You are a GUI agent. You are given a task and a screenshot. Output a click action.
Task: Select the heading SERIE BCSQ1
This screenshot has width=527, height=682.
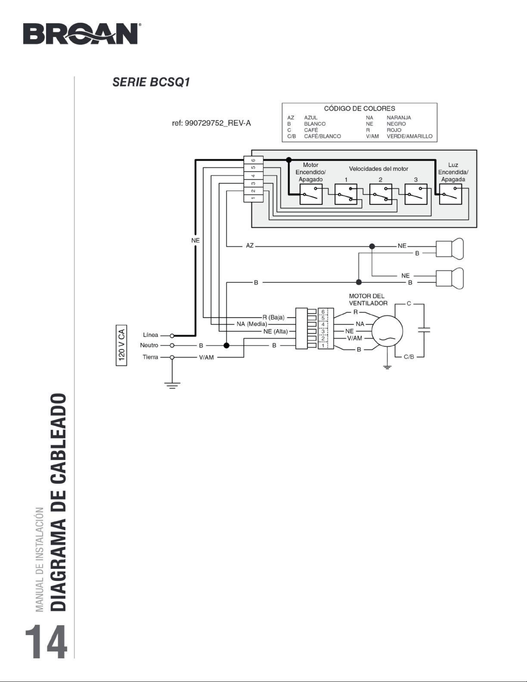coord(151,82)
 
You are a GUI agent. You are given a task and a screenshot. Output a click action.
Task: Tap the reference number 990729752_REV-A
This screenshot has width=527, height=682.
coord(211,124)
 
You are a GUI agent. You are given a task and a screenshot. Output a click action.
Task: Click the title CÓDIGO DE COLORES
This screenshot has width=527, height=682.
coord(359,108)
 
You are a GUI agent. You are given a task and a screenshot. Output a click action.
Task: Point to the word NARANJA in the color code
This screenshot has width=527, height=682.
coord(399,118)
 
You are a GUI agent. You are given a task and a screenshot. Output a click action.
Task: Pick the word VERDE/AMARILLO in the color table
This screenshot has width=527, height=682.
coord(409,136)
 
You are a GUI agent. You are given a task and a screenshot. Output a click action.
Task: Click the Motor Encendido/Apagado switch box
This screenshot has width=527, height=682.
coord(311,194)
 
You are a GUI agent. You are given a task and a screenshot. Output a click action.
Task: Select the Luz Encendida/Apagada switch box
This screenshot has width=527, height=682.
coord(451,194)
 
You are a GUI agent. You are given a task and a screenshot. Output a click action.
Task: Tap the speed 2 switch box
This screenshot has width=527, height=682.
coord(381,194)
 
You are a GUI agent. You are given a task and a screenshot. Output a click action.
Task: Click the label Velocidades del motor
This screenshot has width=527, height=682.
coord(379,169)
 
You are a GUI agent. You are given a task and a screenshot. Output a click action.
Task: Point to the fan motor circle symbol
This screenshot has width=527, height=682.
coord(388,332)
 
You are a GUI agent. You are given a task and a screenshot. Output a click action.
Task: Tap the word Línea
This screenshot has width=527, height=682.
coord(151,335)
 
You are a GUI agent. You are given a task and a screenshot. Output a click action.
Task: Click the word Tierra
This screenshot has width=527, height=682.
coord(151,357)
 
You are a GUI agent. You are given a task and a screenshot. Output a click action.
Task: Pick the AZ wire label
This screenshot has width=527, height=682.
coord(250,246)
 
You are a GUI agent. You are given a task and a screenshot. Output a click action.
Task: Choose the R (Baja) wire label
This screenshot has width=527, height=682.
coord(273,318)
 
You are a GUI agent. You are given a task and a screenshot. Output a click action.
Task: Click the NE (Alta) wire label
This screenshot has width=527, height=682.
coord(276,332)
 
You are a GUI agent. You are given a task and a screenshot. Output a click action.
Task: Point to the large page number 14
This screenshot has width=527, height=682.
coord(46,641)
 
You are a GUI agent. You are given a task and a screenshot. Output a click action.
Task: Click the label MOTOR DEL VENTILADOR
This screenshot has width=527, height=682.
coord(367,300)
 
